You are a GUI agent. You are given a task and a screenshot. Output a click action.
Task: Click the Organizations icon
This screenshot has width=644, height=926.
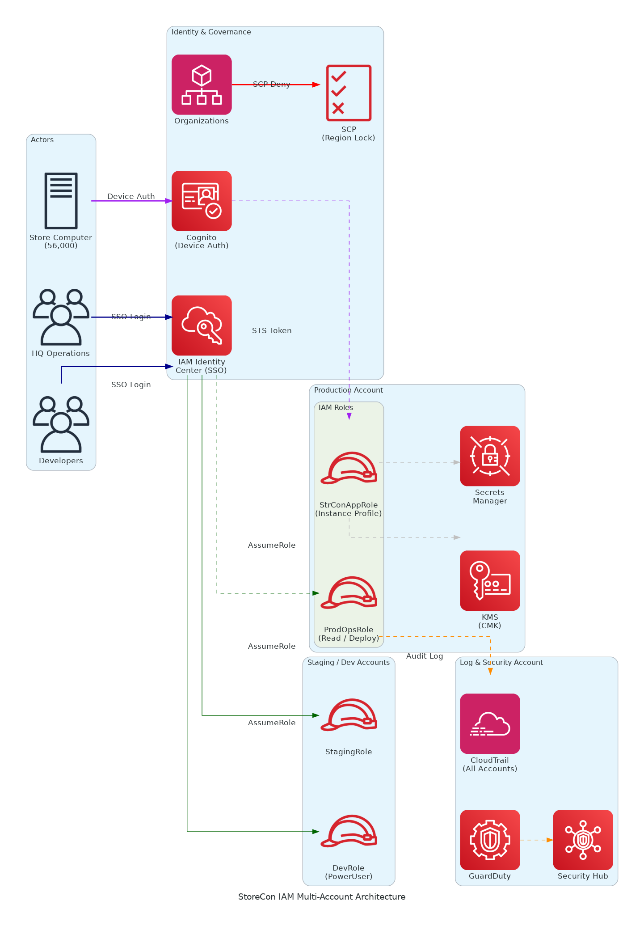pos(202,85)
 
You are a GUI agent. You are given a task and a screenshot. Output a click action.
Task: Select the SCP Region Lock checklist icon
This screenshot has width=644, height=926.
pos(349,93)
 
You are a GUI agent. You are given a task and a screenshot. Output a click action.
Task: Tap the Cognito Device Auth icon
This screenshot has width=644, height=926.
pos(202,201)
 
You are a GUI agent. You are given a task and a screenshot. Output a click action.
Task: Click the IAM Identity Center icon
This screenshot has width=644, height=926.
pos(202,325)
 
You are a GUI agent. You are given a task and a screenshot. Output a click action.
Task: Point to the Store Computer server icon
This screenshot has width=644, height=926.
pos(61,201)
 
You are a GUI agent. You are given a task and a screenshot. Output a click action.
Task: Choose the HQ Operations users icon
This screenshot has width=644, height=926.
pos(61,317)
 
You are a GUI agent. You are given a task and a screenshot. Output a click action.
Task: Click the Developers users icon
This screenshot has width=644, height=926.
pos(61,424)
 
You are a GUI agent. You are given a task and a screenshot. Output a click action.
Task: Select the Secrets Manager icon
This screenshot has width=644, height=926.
pos(490,456)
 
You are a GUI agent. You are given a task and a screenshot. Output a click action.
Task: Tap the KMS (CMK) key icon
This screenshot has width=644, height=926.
pos(490,580)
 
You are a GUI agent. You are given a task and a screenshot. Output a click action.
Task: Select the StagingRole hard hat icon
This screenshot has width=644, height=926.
pos(349,715)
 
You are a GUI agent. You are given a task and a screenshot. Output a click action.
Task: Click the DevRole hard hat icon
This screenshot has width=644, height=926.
pos(349,831)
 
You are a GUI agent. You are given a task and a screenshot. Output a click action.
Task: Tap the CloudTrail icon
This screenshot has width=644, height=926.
pos(490,723)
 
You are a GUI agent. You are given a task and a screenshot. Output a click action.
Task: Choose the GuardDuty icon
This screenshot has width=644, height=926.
pos(490,840)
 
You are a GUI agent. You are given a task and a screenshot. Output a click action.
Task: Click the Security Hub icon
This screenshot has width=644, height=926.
pos(583,840)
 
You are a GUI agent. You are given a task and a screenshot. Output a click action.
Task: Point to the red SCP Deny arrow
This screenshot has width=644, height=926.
pos(304,85)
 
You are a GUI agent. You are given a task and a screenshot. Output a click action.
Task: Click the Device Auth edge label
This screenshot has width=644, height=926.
pos(131,196)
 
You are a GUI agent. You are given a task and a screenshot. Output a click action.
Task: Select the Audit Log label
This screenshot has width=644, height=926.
pos(425,656)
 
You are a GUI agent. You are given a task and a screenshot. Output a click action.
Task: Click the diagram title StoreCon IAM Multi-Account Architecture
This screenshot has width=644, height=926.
pos(322,896)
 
